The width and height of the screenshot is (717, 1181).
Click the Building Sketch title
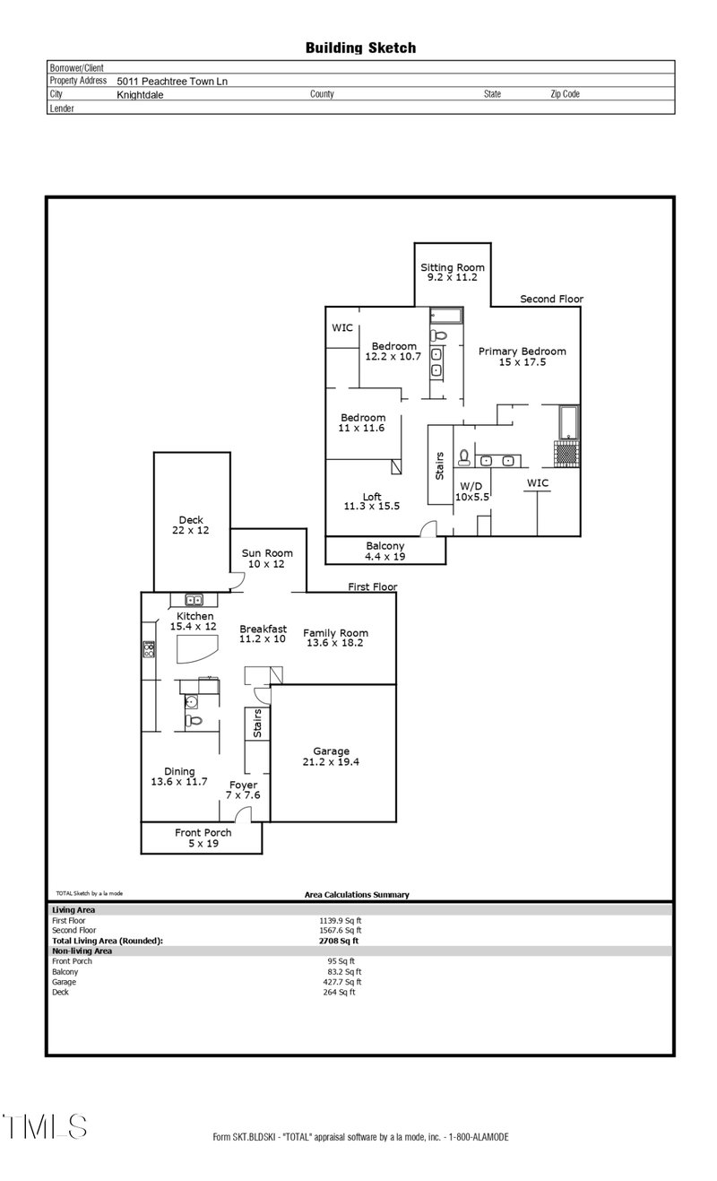[x=360, y=48]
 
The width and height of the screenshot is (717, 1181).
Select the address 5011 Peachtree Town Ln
[x=172, y=81]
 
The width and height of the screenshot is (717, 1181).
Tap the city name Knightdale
[x=140, y=94]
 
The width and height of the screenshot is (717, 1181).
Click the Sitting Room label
[x=453, y=267]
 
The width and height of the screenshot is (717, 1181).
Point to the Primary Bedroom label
[x=522, y=352]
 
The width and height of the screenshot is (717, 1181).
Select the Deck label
[x=190, y=520]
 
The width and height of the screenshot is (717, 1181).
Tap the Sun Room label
[x=267, y=553]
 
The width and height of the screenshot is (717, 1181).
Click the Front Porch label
[x=203, y=832]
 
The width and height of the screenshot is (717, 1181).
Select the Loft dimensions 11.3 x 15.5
[x=371, y=507]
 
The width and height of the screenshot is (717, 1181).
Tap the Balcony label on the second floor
[x=385, y=546]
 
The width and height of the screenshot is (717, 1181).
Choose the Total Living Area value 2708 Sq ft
[x=338, y=941]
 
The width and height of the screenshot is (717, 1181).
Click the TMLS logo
[x=45, y=1126]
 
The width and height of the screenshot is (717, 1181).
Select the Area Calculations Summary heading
[x=357, y=894]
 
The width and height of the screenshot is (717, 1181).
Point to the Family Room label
[x=335, y=633]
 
